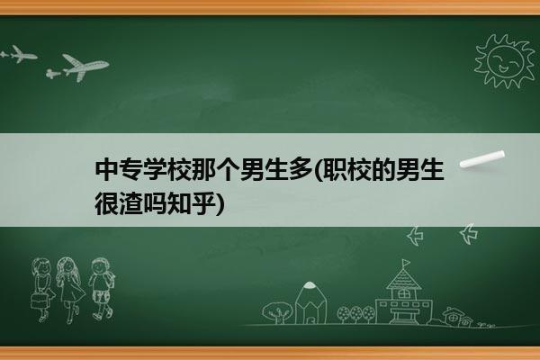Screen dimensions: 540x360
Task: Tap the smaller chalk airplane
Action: pos(18,54)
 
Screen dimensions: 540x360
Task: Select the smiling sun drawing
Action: pos(505,61)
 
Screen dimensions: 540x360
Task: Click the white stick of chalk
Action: pos(482,159)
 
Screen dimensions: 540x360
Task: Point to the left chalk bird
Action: pos(415,236)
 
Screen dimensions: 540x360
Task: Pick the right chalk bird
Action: pos(469,234)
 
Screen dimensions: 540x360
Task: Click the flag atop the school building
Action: pos(406,263)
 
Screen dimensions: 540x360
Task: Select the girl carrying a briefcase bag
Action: pos(41,290)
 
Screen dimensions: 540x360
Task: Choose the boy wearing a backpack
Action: pos(102,289)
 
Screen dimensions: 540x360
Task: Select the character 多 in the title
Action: pos(300,170)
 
